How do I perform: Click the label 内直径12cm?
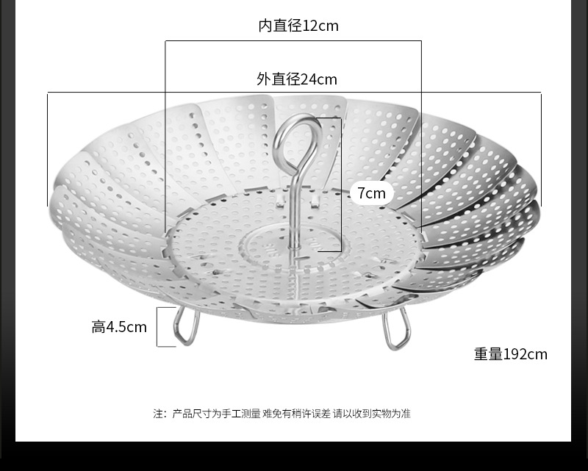(x=298, y=26)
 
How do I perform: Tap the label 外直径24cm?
(x=297, y=79)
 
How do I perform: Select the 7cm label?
(x=371, y=193)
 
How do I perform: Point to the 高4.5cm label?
(x=119, y=327)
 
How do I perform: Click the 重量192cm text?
(x=510, y=354)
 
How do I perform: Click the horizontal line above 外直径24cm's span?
(x=294, y=93)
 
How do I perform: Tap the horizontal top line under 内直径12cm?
(x=294, y=41)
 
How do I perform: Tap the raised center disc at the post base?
(x=294, y=246)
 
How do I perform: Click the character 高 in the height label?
(x=98, y=327)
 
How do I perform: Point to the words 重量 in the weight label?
(x=488, y=354)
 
